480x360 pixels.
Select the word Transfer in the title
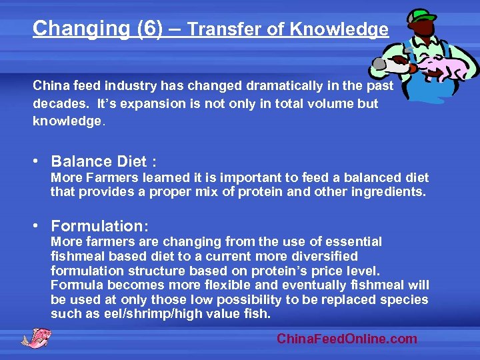(221, 29)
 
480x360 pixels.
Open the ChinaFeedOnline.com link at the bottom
(347, 339)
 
